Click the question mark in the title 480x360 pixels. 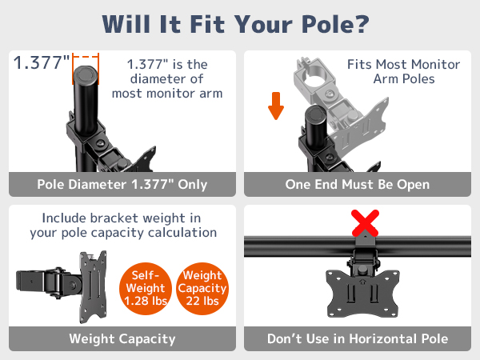pos(362,24)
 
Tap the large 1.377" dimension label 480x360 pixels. pos(42,62)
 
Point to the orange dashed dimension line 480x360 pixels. pos(86,57)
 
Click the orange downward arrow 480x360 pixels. pos(276,106)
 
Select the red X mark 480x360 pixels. pos(365,223)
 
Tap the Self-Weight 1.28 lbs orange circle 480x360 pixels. pos(146,288)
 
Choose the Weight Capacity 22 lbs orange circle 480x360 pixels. pos(202,288)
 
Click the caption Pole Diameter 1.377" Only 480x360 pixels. pos(122,185)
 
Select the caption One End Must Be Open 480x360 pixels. pos(358,185)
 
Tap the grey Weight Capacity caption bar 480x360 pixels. pos(122,338)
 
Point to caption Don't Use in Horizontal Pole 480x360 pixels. pos(358,339)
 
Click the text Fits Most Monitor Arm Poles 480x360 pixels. pos(404,72)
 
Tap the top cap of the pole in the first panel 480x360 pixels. pos(85,74)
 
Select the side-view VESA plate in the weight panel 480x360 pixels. pos(93,287)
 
